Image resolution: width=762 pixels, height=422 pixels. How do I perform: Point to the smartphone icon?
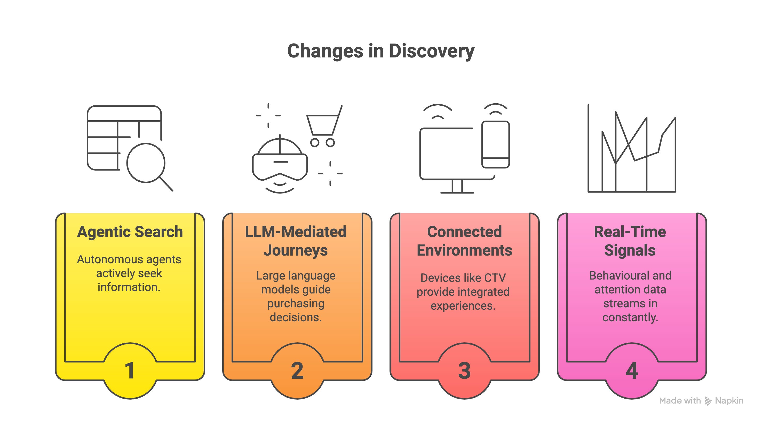click(x=495, y=145)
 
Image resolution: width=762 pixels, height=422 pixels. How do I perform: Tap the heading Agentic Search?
click(x=130, y=232)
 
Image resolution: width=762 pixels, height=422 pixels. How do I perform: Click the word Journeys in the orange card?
click(x=296, y=250)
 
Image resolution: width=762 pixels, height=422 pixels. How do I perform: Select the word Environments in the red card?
click(x=464, y=250)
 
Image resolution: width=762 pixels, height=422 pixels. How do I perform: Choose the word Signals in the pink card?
click(x=630, y=250)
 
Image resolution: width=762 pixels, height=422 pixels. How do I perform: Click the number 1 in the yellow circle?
click(x=130, y=371)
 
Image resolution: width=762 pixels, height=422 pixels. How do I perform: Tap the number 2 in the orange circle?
click(x=297, y=371)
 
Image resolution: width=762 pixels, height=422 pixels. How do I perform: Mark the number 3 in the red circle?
click(x=464, y=371)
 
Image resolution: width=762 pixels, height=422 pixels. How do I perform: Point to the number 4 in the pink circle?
click(x=632, y=371)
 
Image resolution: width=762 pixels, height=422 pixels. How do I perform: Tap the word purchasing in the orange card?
click(x=296, y=303)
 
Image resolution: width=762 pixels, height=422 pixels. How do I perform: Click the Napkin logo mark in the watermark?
click(x=708, y=401)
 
